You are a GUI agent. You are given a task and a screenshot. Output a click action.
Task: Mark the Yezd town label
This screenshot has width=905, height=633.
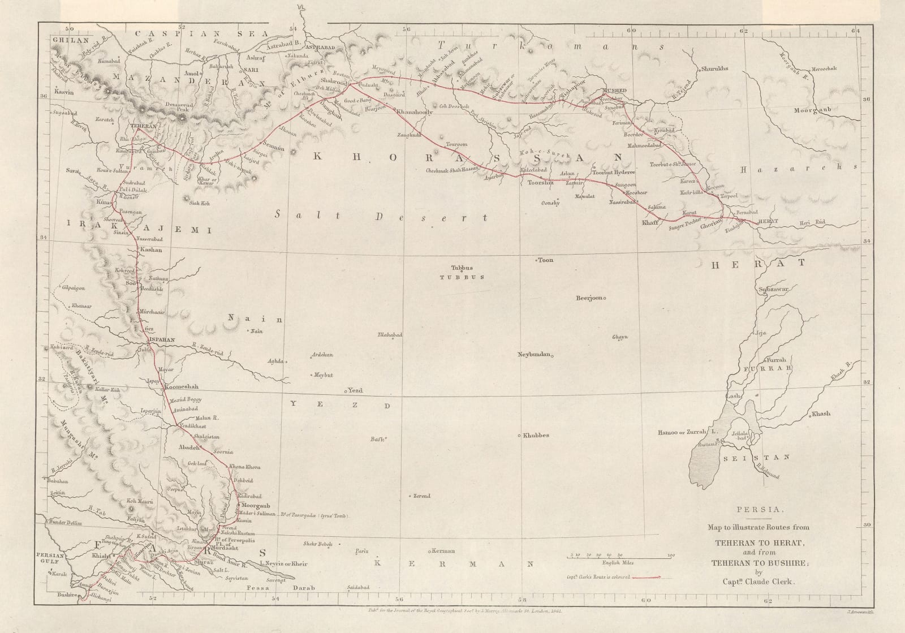click(355, 391)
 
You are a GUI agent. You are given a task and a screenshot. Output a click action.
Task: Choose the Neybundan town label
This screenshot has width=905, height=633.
click(534, 354)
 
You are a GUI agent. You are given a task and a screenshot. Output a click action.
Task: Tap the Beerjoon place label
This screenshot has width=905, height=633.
click(590, 298)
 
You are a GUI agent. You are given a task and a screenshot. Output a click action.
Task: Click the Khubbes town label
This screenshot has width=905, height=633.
click(536, 435)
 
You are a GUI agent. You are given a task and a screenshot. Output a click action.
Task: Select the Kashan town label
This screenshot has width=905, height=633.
click(150, 249)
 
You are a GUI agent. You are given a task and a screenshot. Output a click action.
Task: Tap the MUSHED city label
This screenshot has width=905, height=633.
click(615, 91)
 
